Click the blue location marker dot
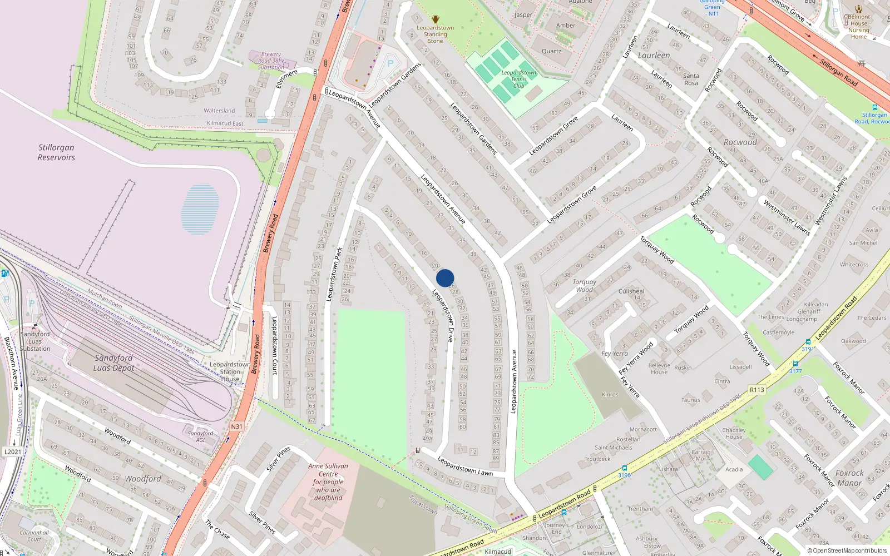click(445, 278)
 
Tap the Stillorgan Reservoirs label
click(56, 152)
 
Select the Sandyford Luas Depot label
click(113, 363)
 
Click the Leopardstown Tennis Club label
click(518, 79)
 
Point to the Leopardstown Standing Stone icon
click(436, 19)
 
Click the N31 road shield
click(236, 426)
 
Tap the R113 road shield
click(756, 390)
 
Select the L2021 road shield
click(12, 451)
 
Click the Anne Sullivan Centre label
click(328, 482)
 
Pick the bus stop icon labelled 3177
click(795, 364)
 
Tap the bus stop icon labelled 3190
click(624, 468)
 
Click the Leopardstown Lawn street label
click(465, 466)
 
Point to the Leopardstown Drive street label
click(443, 315)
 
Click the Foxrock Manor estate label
click(849, 478)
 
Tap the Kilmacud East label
click(225, 123)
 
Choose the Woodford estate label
click(143, 479)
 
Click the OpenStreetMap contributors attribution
click(847, 551)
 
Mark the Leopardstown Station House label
click(230, 371)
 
